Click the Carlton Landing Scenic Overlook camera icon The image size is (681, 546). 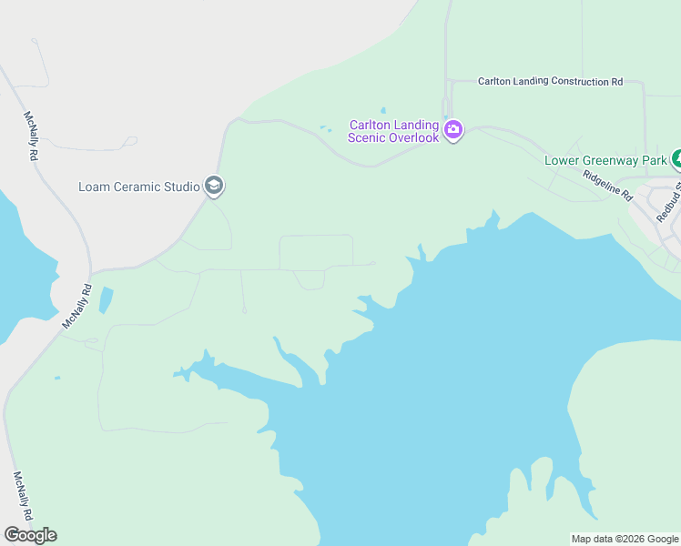point(453,131)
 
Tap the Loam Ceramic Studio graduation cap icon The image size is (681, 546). point(214,187)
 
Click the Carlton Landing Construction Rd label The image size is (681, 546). point(550,82)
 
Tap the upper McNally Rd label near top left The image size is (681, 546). point(30,136)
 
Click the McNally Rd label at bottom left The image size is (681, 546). point(24,496)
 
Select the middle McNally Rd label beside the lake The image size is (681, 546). point(77,307)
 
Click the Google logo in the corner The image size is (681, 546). point(30,535)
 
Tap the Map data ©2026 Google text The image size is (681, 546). point(625,539)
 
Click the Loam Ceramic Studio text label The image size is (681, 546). point(139,187)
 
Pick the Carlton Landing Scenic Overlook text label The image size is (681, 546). point(393,131)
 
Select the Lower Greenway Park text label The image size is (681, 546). point(606,161)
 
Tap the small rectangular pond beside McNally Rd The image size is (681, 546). point(106,300)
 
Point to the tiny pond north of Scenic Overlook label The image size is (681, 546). point(382,110)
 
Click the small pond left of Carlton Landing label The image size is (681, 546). point(325,128)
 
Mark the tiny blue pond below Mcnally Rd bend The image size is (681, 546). point(57,378)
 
